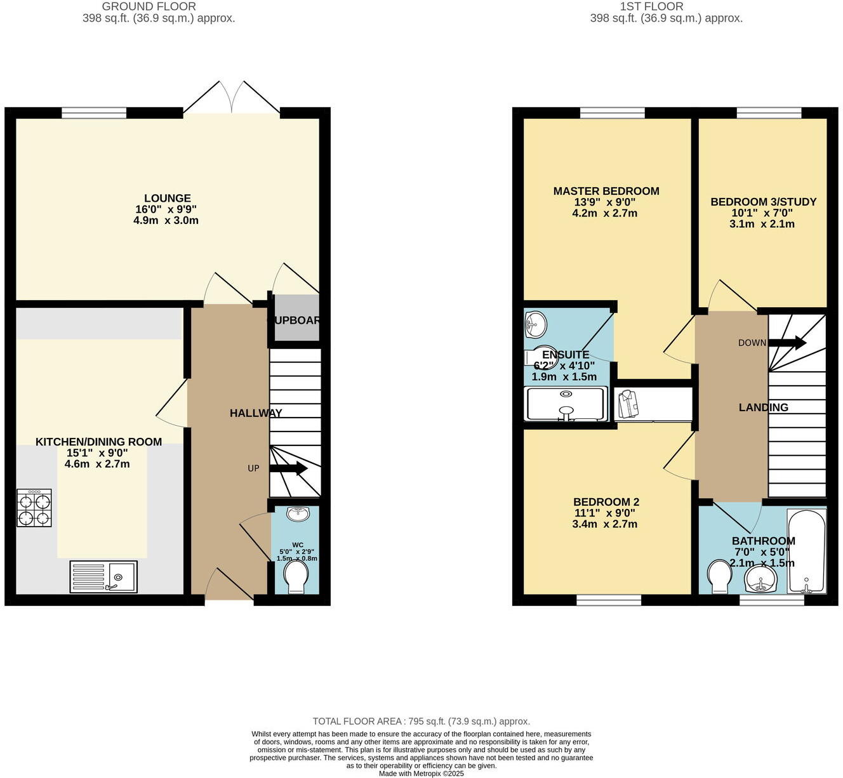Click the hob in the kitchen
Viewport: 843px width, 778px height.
click(34, 508)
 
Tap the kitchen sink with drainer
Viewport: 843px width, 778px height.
click(103, 577)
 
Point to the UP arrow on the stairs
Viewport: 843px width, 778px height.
click(289, 469)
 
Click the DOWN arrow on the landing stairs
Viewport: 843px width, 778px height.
click(787, 343)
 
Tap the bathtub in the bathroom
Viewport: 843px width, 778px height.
click(806, 550)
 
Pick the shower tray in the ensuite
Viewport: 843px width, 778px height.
click(566, 404)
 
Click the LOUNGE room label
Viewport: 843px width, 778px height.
click(167, 198)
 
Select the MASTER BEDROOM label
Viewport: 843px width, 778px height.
click(606, 191)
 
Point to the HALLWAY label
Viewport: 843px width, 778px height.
click(256, 413)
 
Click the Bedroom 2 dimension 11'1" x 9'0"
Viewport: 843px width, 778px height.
click(604, 513)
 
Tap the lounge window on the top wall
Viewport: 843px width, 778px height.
click(94, 113)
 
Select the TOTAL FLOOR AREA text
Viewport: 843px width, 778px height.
click(421, 722)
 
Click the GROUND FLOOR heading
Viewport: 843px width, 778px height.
click(149, 6)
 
